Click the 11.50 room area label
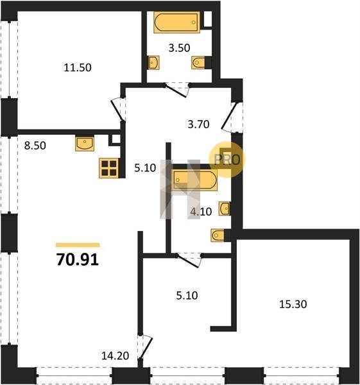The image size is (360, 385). point(78,67)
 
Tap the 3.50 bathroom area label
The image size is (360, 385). point(179,48)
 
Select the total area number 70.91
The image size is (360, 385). point(78,259)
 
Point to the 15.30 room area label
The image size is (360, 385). point(293,304)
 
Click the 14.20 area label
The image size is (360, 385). point(115,355)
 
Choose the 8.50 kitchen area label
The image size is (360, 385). point(35,146)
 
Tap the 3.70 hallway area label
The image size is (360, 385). point(198,124)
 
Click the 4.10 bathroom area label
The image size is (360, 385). point(201,211)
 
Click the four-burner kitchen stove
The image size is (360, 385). point(109,168)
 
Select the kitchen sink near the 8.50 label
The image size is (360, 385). point(85,143)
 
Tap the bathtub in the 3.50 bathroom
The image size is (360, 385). point(177,22)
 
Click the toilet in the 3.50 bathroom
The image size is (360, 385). point(198,63)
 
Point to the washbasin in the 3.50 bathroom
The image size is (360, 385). point(153,63)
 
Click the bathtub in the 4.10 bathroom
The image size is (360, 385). point(194,180)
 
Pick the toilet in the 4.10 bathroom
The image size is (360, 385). point(218,235)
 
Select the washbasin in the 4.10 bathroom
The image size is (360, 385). point(225,209)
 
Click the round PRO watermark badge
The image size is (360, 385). point(227,160)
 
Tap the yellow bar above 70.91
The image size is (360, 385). point(78,245)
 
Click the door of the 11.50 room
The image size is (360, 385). point(118,110)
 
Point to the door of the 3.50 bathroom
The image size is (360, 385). point(177,90)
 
